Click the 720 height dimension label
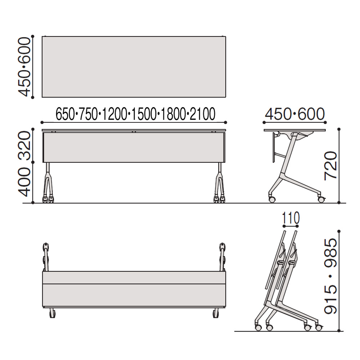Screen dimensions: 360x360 pyautogui.click(x=330, y=165)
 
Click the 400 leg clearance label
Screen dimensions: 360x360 pyautogui.click(x=24, y=182)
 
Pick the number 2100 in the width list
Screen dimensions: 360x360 pyautogui.click(x=202, y=114)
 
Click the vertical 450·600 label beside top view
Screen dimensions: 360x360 pyautogui.click(x=24, y=67)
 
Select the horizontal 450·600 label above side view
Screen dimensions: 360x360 pyautogui.click(x=295, y=114)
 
